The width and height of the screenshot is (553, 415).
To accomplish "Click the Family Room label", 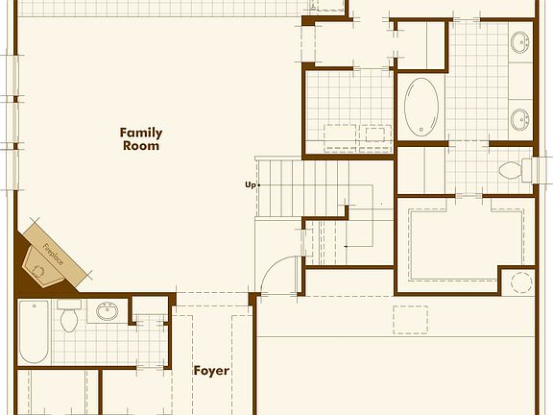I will click(x=141, y=139).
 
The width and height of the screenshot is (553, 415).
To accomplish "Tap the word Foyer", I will click(x=210, y=370).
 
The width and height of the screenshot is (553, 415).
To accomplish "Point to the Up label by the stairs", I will click(x=250, y=184).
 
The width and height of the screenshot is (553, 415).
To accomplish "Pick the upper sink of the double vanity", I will click(x=519, y=43).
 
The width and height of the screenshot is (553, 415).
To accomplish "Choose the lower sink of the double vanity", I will click(x=519, y=120).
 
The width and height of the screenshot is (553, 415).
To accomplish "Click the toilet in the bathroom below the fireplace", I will click(x=69, y=319).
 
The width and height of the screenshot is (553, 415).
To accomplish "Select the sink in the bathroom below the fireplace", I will click(x=107, y=311).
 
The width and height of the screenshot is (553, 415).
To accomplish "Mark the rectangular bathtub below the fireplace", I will click(x=34, y=331).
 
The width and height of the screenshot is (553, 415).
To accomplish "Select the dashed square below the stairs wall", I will click(x=411, y=318).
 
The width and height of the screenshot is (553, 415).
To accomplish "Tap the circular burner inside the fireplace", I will click(x=39, y=271).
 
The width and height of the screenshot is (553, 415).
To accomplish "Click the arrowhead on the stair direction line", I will click(x=345, y=248).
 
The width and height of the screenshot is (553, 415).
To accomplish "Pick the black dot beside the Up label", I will click(x=258, y=184).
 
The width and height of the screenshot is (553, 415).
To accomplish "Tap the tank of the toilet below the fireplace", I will click(x=69, y=305).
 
